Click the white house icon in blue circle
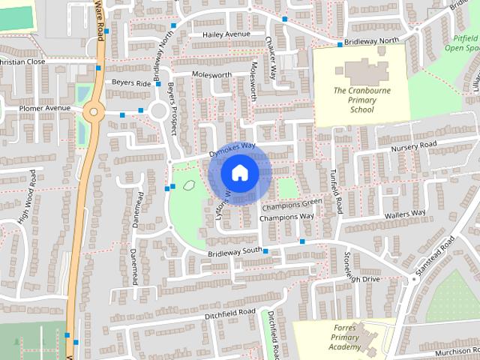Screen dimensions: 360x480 [239, 173]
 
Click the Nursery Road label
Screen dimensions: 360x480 [412, 145]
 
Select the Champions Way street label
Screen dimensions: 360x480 [286, 217]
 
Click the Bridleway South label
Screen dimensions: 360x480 [235, 251]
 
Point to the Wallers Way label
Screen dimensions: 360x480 [405, 214]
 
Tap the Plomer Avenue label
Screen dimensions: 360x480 [44, 108]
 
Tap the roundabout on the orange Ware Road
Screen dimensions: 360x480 [93, 112]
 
